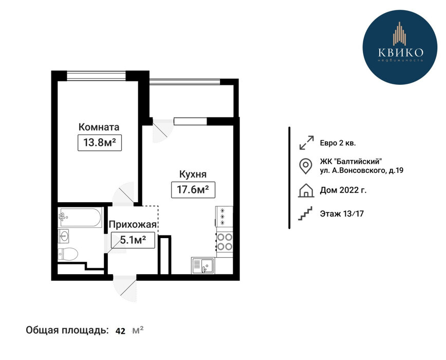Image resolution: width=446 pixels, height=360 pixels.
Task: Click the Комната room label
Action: click(99, 127)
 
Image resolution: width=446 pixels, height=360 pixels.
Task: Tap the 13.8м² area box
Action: click(100, 142)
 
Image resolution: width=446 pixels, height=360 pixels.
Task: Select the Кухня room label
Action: click(193, 174)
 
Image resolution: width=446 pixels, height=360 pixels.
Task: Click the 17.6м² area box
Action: click(193, 190)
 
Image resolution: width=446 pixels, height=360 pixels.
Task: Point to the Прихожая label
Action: click(133, 225)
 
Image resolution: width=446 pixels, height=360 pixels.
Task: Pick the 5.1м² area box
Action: click(133, 240)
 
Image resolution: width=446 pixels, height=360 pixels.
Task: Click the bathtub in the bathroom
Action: click(80, 218)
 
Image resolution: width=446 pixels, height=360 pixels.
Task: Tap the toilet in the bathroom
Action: click(68, 254)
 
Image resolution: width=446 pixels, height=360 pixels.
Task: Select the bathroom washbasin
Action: click(63, 236)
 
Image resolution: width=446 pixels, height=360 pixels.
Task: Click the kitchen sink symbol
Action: click(203, 265)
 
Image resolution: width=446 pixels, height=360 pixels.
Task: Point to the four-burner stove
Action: click(225, 242)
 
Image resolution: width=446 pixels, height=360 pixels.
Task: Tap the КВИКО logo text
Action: click(400, 52)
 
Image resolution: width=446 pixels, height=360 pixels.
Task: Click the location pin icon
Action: click(306, 166)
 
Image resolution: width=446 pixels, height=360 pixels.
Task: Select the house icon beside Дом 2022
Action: click(306, 190)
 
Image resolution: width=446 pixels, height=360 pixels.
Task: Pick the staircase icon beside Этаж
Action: click(305, 213)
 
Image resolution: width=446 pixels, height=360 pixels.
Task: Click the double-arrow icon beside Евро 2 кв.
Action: click(307, 142)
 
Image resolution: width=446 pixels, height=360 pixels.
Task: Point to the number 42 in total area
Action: click(120, 331)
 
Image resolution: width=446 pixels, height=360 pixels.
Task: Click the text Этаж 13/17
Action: click(342, 213)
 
